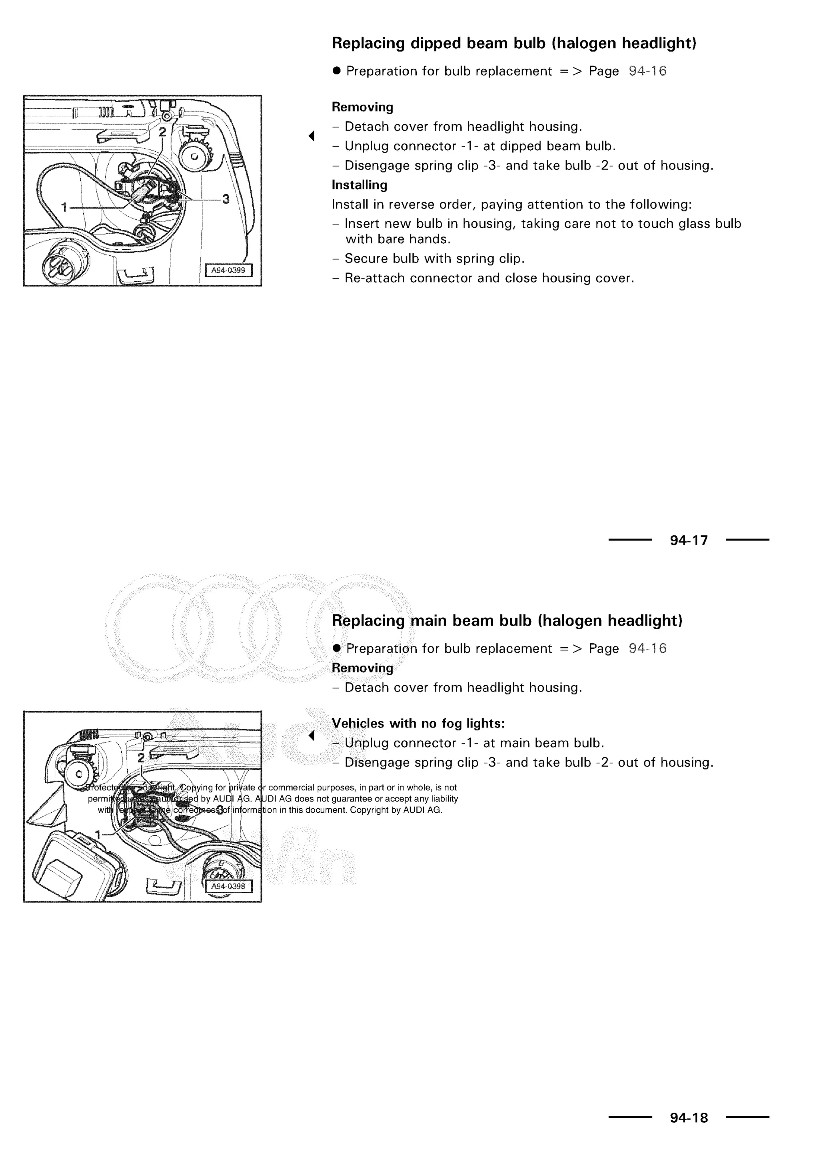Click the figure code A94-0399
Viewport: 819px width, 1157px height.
228,270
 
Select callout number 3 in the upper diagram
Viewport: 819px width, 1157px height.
226,199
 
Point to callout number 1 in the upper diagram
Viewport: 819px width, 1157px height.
64,207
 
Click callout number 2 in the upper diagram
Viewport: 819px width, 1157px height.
162,132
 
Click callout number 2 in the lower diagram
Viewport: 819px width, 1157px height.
141,757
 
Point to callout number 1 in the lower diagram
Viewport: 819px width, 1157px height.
98,835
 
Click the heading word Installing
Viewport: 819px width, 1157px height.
359,185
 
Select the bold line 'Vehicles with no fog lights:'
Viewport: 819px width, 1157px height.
418,724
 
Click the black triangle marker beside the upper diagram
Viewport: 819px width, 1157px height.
312,135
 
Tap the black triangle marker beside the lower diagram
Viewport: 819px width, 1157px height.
312,736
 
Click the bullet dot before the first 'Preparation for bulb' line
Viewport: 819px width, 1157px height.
337,71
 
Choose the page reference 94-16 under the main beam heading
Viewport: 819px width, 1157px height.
647,648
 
